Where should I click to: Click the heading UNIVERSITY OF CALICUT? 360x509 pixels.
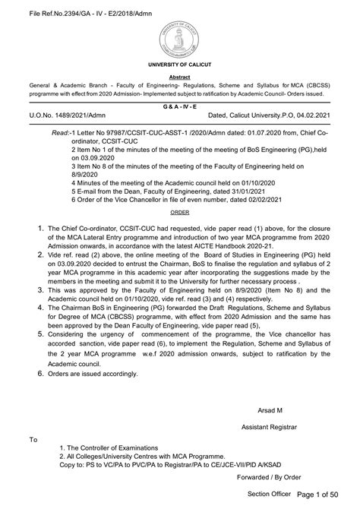[x=180, y=68]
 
